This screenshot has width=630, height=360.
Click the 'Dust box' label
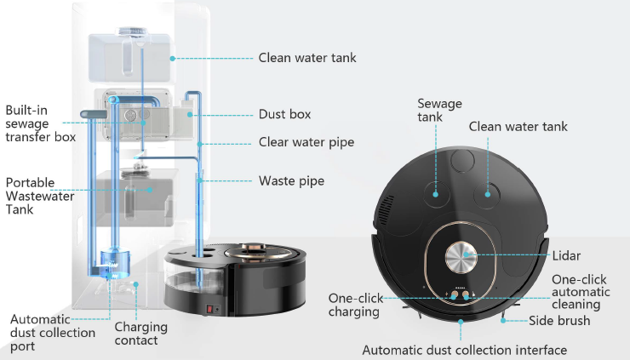pos(284,113)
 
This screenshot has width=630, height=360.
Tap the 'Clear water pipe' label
pos(306,142)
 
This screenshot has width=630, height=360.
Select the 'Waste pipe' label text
pos(291,180)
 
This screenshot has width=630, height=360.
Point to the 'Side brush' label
pos(558,321)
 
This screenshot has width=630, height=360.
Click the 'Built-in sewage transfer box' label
pos(40,123)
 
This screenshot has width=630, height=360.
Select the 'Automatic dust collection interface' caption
pos(464,350)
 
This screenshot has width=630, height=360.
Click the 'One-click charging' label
pos(356,305)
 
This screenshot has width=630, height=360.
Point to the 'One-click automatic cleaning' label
pos(581,292)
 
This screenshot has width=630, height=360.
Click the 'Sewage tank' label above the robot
pos(439,111)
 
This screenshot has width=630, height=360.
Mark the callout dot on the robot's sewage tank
pos(435,192)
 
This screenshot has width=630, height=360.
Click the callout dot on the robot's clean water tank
pos(490,191)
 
